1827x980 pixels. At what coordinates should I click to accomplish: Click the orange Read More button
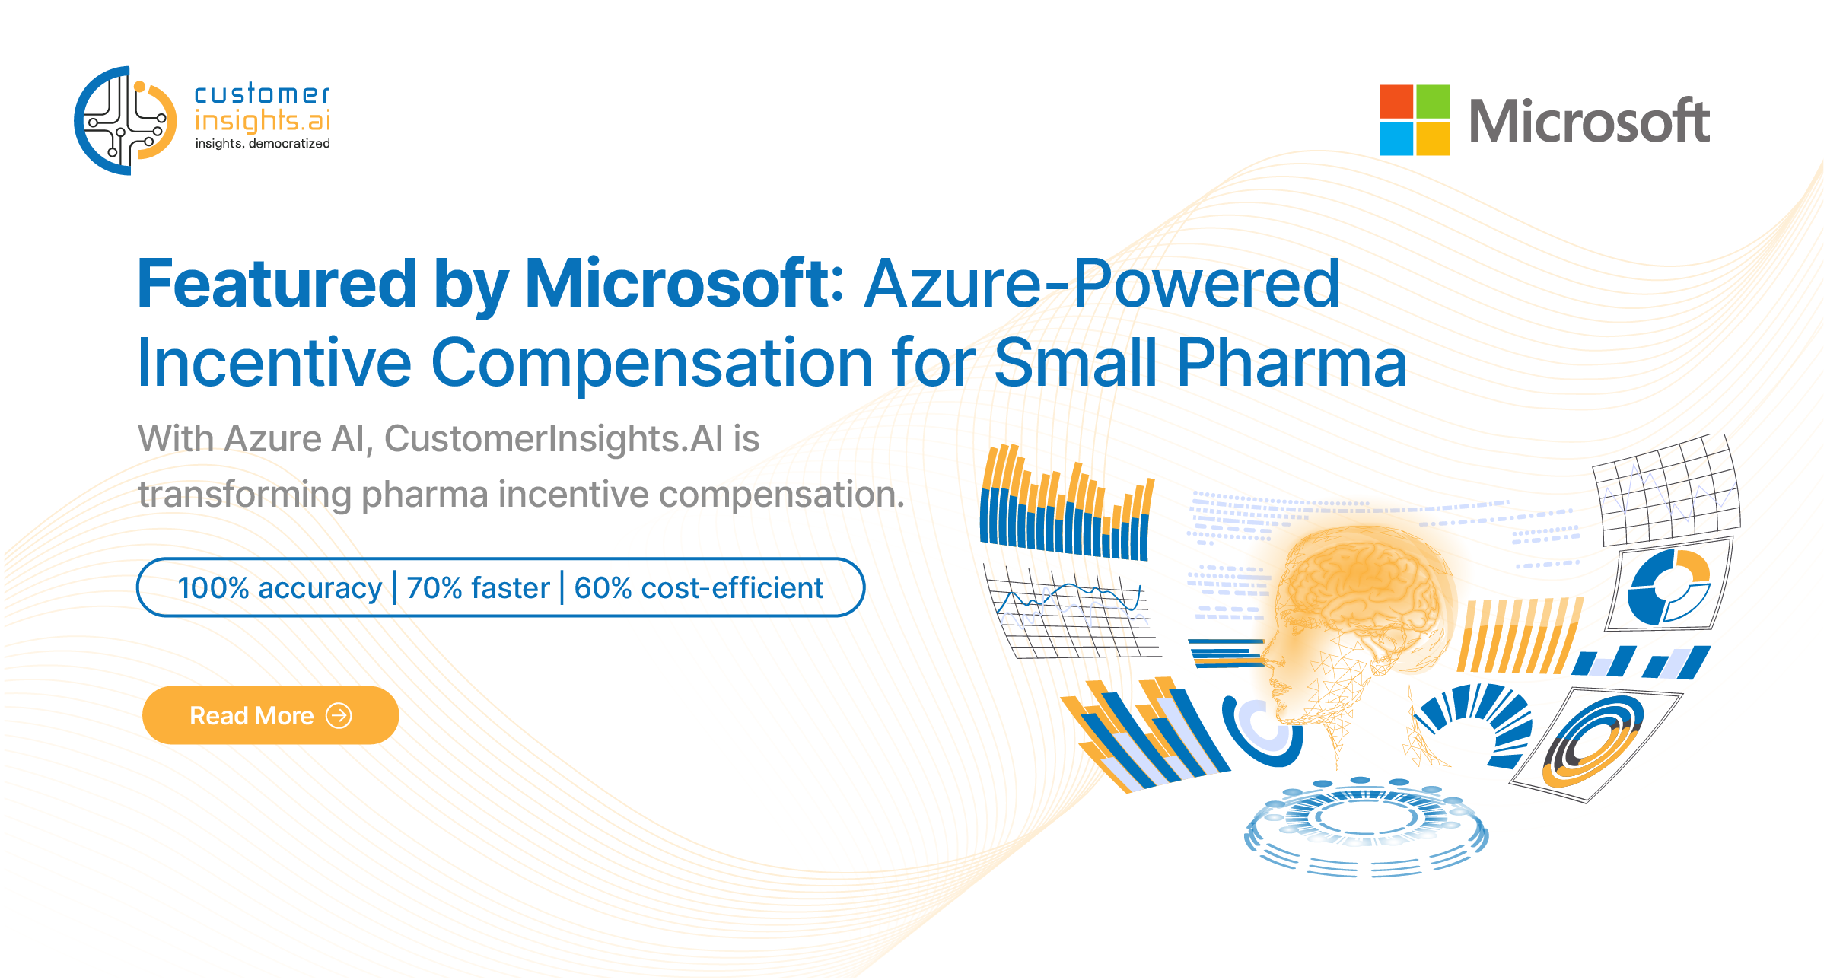coord(270,715)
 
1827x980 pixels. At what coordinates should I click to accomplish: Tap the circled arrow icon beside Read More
coord(339,715)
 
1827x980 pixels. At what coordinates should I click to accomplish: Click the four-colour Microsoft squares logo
coord(1415,120)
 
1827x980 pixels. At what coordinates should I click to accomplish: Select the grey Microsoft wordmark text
coord(1590,121)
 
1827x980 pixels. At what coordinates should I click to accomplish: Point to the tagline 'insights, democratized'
coord(263,143)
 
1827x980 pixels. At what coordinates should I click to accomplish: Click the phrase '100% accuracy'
coord(279,588)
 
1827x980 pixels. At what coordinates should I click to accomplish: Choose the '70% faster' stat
coord(478,588)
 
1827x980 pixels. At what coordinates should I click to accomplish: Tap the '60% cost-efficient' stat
coord(699,588)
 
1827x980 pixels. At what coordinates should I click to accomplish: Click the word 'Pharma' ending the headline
coord(1292,363)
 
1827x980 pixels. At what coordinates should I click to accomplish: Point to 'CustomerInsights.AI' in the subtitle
coord(553,439)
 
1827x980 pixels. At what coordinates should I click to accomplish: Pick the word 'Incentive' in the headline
coord(275,363)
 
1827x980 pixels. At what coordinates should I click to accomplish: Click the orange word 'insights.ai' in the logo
coord(263,120)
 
